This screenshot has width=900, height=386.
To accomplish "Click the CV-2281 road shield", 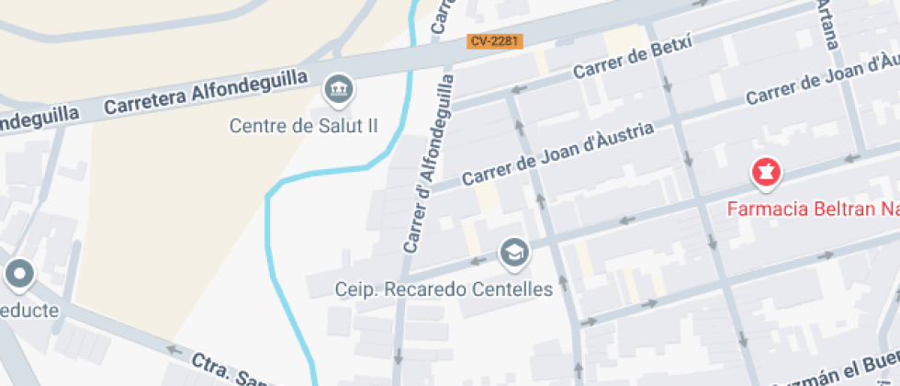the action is pyautogui.click(x=494, y=41).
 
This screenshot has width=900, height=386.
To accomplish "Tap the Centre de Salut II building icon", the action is pyautogui.click(x=340, y=89).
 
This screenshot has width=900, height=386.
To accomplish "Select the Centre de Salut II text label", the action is pyautogui.click(x=303, y=126).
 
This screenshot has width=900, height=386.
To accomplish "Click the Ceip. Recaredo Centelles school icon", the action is pyautogui.click(x=512, y=251).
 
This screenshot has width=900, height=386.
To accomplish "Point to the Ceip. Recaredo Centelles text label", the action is pyautogui.click(x=444, y=289).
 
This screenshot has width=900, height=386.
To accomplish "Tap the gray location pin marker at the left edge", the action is pyautogui.click(x=19, y=273).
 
